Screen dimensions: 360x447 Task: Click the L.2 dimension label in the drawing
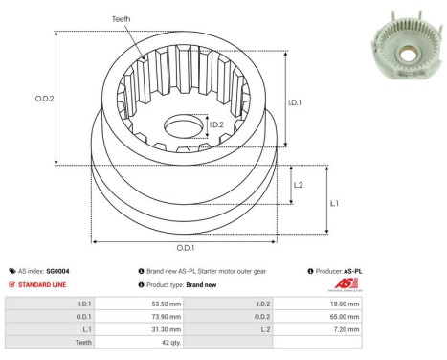(299, 185)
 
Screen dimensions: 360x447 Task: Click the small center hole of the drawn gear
(183, 125)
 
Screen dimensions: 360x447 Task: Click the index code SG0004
(56, 271)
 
